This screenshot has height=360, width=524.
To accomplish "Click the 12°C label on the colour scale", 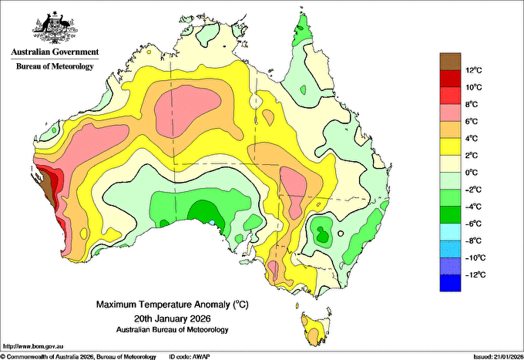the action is [474, 70].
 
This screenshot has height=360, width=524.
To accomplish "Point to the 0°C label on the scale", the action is [472, 173].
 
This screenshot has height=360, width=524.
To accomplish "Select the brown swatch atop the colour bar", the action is [450, 62].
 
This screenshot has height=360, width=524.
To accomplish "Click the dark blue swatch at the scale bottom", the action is [450, 283].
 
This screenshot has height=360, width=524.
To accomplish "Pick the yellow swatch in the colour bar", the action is [450, 146].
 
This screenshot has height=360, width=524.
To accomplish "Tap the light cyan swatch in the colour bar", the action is [450, 232].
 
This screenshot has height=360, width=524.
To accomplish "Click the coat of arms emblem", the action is [55, 27].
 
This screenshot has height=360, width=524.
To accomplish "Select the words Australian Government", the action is [55, 52].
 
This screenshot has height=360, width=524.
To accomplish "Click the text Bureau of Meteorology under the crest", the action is [55, 66].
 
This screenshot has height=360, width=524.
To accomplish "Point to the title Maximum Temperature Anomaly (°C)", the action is [173, 304].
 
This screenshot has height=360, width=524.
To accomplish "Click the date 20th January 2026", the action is [173, 318].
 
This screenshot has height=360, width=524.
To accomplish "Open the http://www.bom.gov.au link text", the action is [32, 346].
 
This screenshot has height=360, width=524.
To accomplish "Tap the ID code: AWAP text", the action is [190, 357].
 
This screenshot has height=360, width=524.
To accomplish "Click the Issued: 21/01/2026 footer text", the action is [499, 357].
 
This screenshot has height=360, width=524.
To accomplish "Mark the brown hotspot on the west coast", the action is [45, 187].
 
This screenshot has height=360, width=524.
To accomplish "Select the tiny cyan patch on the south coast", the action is [212, 222].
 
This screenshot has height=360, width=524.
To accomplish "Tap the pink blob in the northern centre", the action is [187, 111].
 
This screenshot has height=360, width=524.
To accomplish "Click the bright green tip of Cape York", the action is [302, 29].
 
